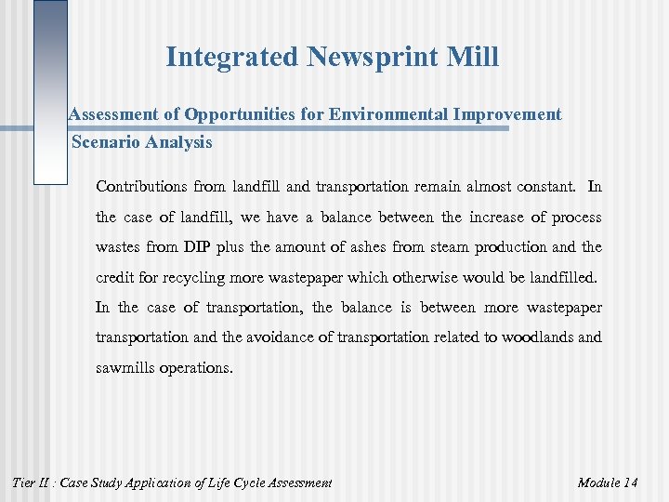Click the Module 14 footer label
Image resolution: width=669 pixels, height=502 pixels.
(608, 482)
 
